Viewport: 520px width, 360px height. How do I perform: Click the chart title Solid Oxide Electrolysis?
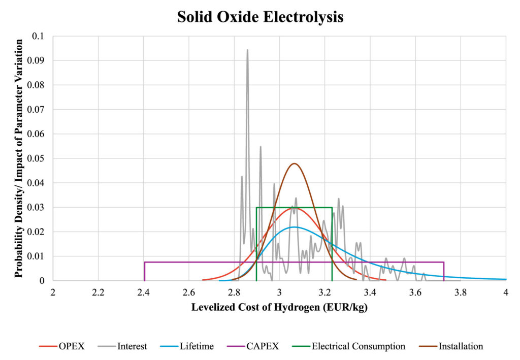click(260, 17)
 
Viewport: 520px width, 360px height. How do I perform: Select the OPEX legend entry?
click(61, 346)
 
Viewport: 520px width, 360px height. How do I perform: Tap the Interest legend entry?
click(122, 346)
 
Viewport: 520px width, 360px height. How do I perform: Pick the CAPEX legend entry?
click(253, 346)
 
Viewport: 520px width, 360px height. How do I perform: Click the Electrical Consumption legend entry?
click(348, 346)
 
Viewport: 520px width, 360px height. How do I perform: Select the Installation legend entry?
click(451, 346)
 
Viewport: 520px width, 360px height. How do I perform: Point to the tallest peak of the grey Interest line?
click(247, 50)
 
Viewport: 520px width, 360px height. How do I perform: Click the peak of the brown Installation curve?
click(294, 163)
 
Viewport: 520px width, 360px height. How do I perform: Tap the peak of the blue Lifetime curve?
click(294, 227)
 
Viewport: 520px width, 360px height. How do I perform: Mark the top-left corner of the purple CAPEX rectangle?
click(145, 262)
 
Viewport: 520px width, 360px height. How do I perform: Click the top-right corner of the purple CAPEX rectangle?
click(444, 262)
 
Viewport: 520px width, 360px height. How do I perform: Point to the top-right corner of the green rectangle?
click(332, 208)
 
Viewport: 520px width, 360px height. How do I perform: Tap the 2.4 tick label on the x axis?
click(144, 292)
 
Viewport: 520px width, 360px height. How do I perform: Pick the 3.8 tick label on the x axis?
click(461, 292)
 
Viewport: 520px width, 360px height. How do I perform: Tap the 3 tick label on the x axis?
click(280, 292)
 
